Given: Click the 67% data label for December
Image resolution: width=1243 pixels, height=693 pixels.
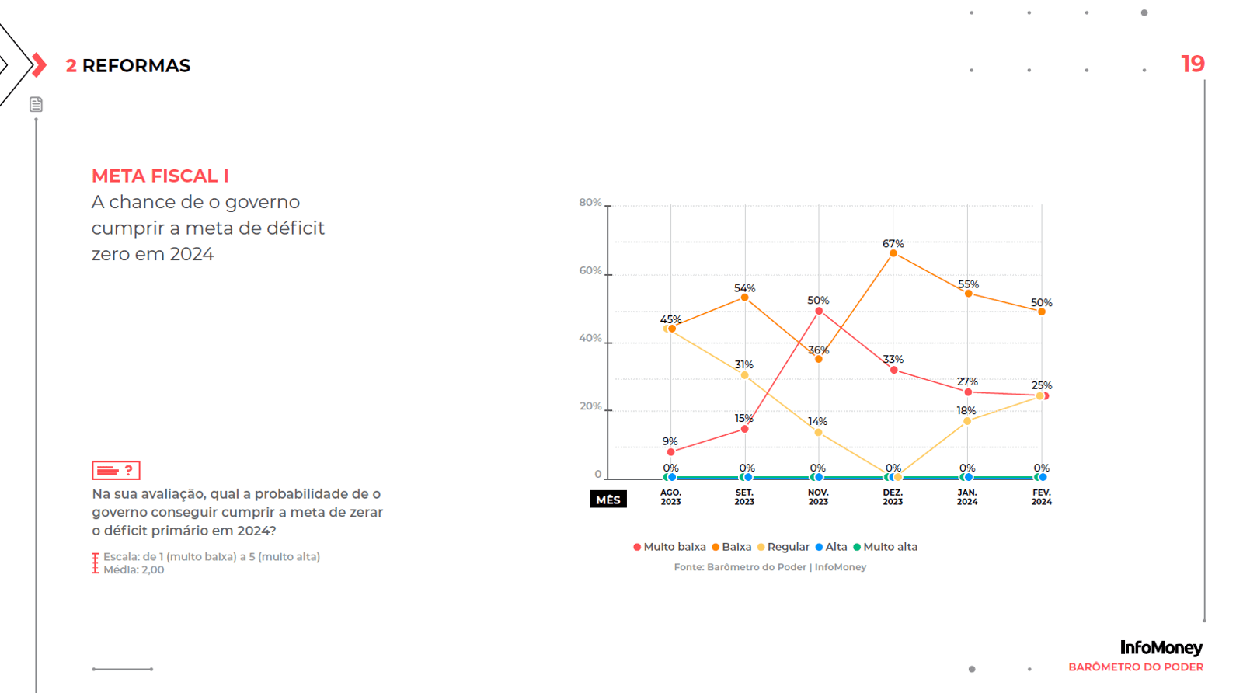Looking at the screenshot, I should pyautogui.click(x=893, y=244).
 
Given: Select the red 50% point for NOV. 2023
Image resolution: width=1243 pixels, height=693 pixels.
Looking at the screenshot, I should pyautogui.click(x=819, y=311).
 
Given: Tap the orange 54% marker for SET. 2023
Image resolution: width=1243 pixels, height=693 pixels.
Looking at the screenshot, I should pyautogui.click(x=744, y=298).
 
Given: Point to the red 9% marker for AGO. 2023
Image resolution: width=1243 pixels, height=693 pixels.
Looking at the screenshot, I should pyautogui.click(x=671, y=452).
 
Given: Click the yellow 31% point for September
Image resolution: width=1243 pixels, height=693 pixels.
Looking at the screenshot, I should pyautogui.click(x=744, y=375).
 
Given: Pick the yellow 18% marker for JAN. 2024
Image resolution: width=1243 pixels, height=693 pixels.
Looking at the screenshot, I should pyautogui.click(x=967, y=421).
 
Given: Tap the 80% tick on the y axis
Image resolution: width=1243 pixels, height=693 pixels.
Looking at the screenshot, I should pyautogui.click(x=590, y=203).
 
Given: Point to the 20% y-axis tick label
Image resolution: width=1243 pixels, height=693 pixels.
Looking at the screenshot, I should pyautogui.click(x=590, y=406).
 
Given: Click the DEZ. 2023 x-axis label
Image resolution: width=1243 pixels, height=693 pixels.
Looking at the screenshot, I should pyautogui.click(x=893, y=497).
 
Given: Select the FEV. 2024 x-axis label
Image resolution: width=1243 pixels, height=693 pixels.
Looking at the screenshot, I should pyautogui.click(x=1042, y=497).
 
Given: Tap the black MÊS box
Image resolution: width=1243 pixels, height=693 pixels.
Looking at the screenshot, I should pyautogui.click(x=608, y=500).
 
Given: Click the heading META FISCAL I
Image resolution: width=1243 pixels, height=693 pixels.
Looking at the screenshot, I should pyautogui.click(x=160, y=176).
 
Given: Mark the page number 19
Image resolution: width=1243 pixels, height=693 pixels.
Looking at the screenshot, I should pyautogui.click(x=1193, y=64).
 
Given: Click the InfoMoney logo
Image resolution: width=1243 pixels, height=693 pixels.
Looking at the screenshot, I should pyautogui.click(x=1161, y=647).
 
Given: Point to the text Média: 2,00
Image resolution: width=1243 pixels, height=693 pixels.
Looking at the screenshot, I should pyautogui.click(x=134, y=570).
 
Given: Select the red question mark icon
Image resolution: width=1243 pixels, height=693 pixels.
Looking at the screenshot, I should pyautogui.click(x=129, y=470).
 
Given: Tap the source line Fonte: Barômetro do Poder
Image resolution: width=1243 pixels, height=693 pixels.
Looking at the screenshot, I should pyautogui.click(x=770, y=567).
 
